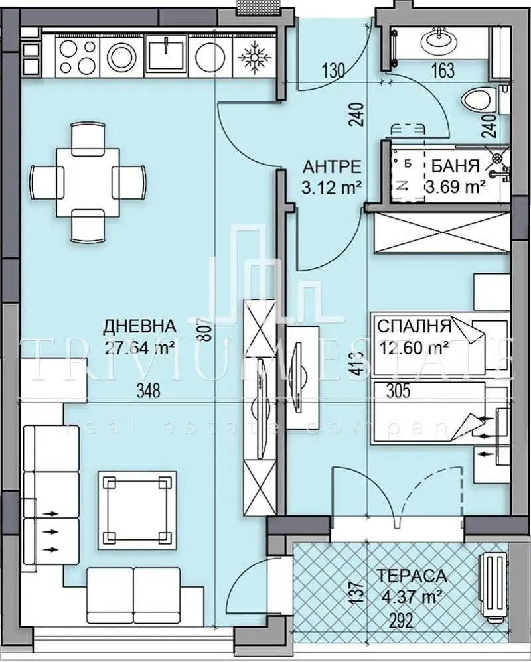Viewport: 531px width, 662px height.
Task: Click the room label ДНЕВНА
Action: pos(139,326)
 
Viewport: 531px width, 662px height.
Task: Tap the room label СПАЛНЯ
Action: pos(414,326)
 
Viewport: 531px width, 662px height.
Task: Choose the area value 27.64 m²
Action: pos(139,346)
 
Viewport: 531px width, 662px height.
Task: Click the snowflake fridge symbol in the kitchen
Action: pos(252,56)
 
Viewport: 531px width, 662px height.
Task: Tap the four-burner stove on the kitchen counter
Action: pos(78,56)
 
